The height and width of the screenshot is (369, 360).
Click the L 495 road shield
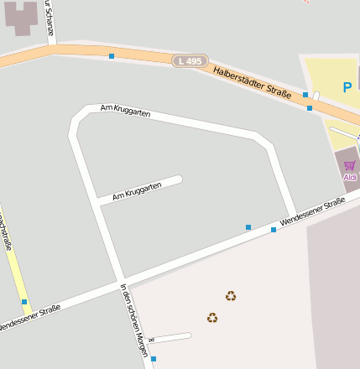pos(190,61)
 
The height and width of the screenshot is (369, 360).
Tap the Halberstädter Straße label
pos(252,82)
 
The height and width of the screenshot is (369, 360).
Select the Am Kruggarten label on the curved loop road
pos(125,110)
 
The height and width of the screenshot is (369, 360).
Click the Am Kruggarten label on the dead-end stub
pos(137,190)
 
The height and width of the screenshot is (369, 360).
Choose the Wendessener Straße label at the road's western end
pos(29,318)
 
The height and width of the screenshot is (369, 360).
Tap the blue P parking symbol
pos(347,86)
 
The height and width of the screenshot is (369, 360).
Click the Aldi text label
pos(350,177)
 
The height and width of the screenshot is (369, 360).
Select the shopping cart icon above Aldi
pos(349,165)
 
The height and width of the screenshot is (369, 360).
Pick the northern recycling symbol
pos(231,295)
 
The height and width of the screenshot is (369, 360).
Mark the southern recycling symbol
pos(212,317)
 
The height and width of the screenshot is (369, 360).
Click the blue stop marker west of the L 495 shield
pos(112,56)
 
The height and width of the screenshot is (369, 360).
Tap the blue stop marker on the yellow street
pos(24,301)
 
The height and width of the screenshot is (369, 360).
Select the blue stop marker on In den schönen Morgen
pos(154,359)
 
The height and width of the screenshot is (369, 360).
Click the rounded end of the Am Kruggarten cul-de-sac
pos(178,179)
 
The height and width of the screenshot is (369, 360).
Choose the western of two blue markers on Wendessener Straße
pos(248,227)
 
